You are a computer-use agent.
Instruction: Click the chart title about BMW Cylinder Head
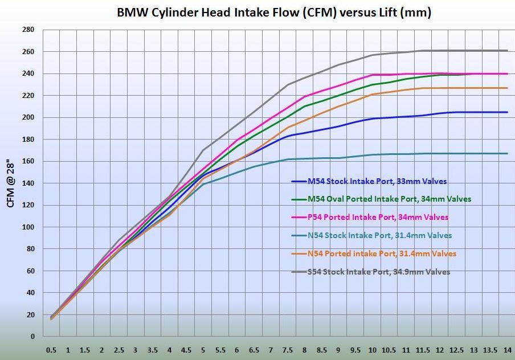coord(273,12)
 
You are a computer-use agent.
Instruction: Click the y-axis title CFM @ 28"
coord(10,184)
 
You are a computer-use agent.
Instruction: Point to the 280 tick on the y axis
coord(28,30)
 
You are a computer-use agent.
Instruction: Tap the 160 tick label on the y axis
coord(28,161)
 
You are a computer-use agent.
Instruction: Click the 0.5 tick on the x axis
coord(51,350)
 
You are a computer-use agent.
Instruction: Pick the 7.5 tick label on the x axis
coord(288,350)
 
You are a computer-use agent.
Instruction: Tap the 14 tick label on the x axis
coord(507,350)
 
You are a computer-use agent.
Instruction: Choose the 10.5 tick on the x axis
coord(389,350)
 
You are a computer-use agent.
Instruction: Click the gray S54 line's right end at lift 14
coord(507,51)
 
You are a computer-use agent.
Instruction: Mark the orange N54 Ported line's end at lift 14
coord(507,88)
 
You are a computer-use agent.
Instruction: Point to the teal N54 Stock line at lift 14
coord(507,153)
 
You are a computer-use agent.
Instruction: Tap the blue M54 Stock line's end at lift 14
coord(507,112)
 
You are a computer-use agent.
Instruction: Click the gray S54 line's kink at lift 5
coord(203,150)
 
